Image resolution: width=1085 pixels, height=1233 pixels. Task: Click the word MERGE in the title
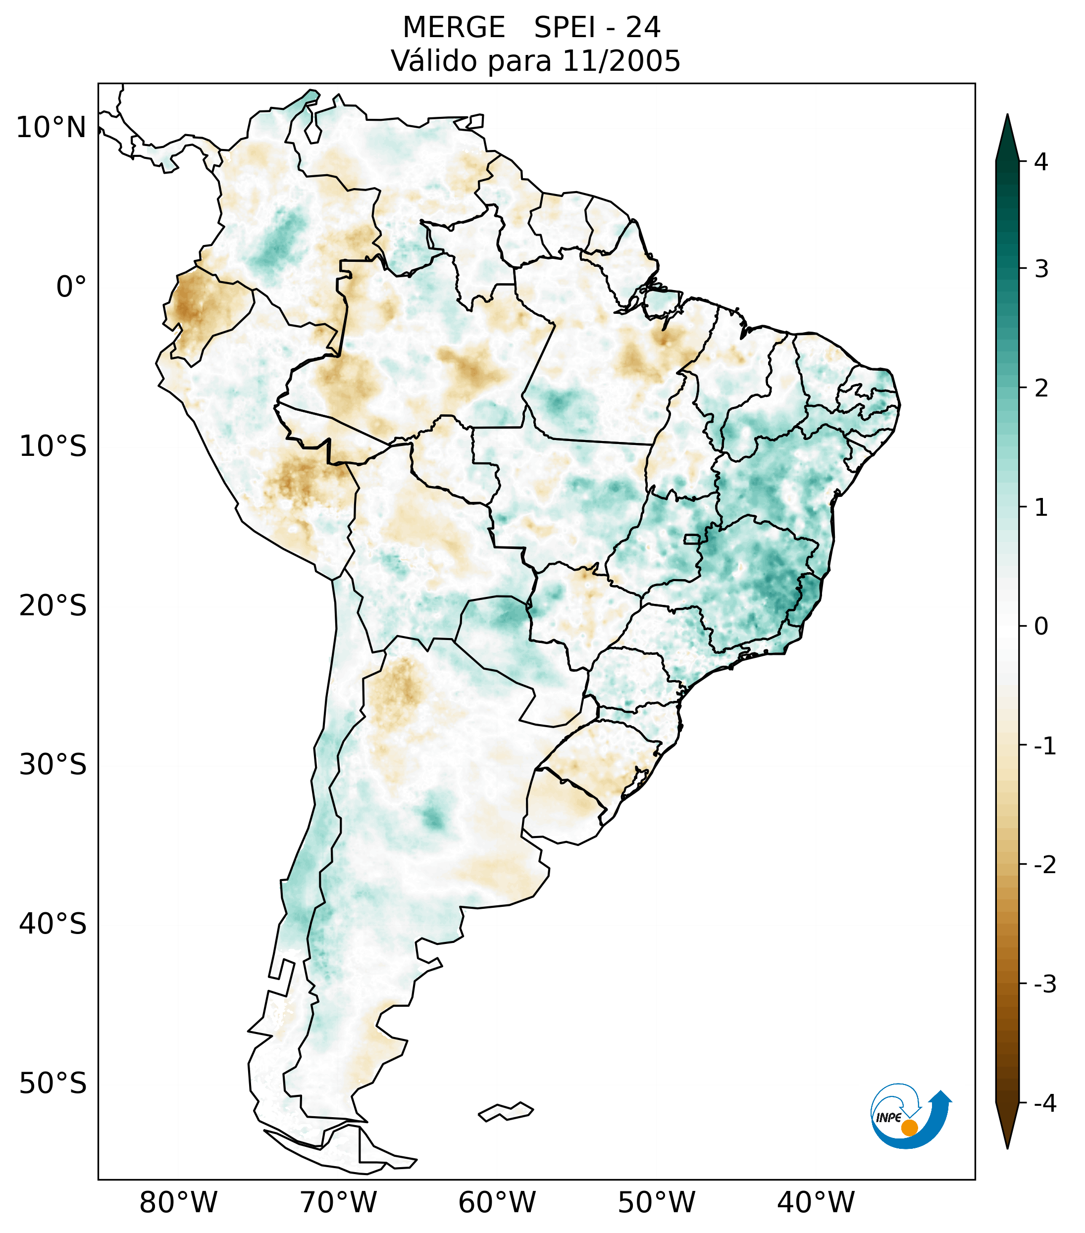454,28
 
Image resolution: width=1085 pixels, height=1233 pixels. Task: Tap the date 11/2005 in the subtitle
621,61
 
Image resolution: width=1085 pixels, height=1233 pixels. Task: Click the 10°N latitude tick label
51,128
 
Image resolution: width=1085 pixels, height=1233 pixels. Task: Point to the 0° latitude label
71,287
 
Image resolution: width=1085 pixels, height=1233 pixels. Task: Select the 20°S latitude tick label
53,606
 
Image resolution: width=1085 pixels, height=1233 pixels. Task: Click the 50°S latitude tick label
53,1084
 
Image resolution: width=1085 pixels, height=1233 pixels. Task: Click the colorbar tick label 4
1041,162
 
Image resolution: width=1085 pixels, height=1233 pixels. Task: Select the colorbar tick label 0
1041,627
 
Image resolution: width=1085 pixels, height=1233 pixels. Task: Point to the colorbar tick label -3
1045,984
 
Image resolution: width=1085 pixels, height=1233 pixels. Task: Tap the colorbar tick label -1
1045,746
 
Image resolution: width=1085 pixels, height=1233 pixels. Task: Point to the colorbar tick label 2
1041,389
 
